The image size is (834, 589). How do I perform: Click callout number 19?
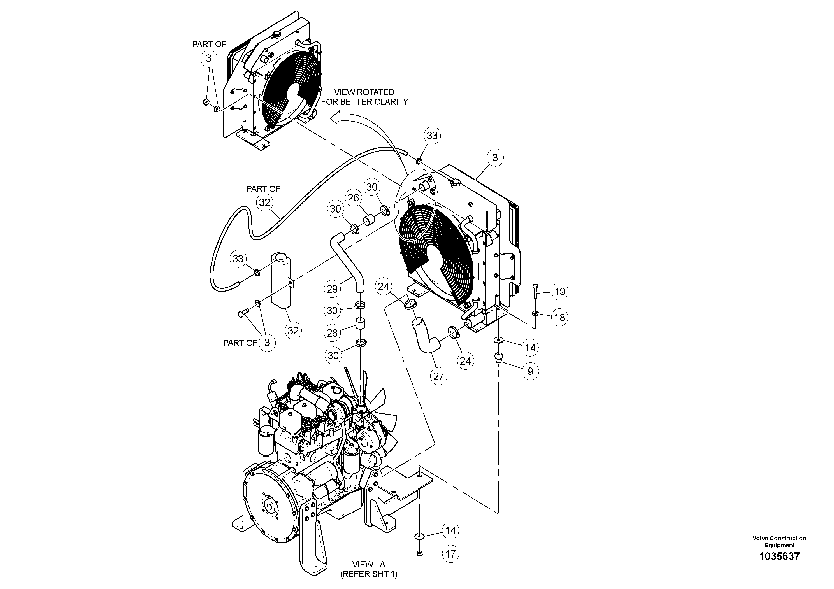click(560, 291)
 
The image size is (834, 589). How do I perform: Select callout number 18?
click(560, 317)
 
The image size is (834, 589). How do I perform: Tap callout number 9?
click(530, 371)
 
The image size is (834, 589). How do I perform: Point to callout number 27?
click(439, 376)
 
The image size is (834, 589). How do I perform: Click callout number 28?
click(332, 333)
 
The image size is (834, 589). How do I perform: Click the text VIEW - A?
click(368, 564)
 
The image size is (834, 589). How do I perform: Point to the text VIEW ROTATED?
click(364, 92)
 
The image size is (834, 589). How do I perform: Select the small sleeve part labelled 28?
click(360, 324)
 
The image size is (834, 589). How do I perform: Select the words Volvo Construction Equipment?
click(779, 541)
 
